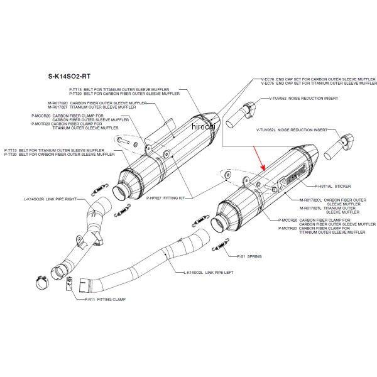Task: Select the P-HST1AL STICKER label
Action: point(334,187)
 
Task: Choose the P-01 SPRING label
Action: point(249,257)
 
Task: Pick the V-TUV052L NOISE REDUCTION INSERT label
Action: point(292,129)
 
